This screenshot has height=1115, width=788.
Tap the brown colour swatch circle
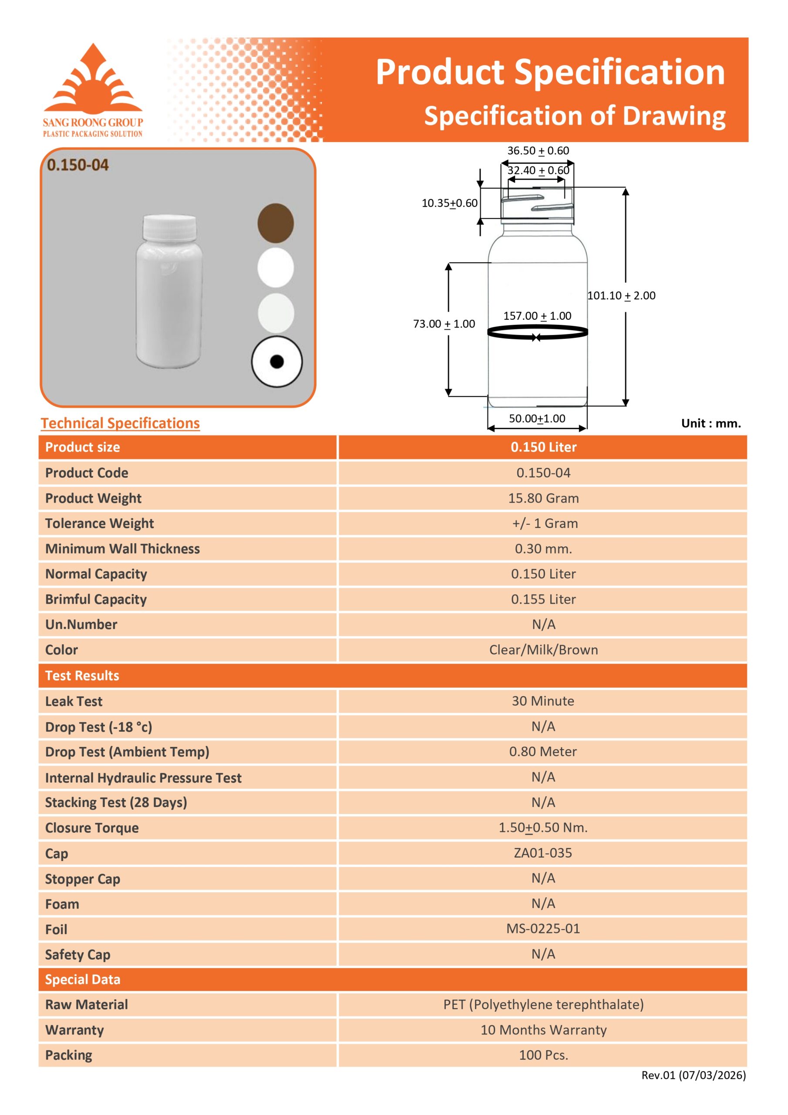click(275, 223)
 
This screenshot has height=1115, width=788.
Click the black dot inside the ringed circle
click(277, 362)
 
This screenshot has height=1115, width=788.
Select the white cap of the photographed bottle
click(169, 227)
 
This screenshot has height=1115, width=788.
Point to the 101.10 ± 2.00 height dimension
click(621, 295)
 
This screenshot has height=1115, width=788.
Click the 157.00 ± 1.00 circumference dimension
click(537, 316)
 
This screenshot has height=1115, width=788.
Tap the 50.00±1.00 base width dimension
click(537, 418)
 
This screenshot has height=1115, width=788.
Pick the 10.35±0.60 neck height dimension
click(449, 203)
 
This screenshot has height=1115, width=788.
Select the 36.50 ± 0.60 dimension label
click(538, 151)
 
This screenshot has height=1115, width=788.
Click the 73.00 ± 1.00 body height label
click(444, 324)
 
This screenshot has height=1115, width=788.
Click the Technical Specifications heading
click(120, 423)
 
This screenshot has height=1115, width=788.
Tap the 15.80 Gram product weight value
click(543, 498)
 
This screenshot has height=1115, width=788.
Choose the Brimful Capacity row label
click(96, 599)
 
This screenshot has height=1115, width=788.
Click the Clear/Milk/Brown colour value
click(543, 650)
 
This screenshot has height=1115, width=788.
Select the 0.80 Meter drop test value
click(543, 752)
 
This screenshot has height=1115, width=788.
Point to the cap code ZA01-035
click(543, 853)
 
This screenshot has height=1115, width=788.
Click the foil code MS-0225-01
click(543, 929)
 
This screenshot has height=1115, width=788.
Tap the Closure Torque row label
click(92, 828)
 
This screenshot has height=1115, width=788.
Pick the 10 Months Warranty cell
click(543, 1030)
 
